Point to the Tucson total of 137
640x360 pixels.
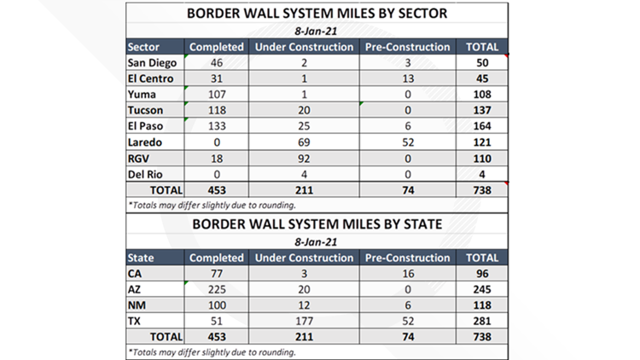[482, 111]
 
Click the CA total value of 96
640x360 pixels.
[482, 274]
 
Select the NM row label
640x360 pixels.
[137, 305]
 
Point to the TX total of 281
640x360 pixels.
[482, 321]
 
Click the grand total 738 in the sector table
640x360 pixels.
[482, 189]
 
